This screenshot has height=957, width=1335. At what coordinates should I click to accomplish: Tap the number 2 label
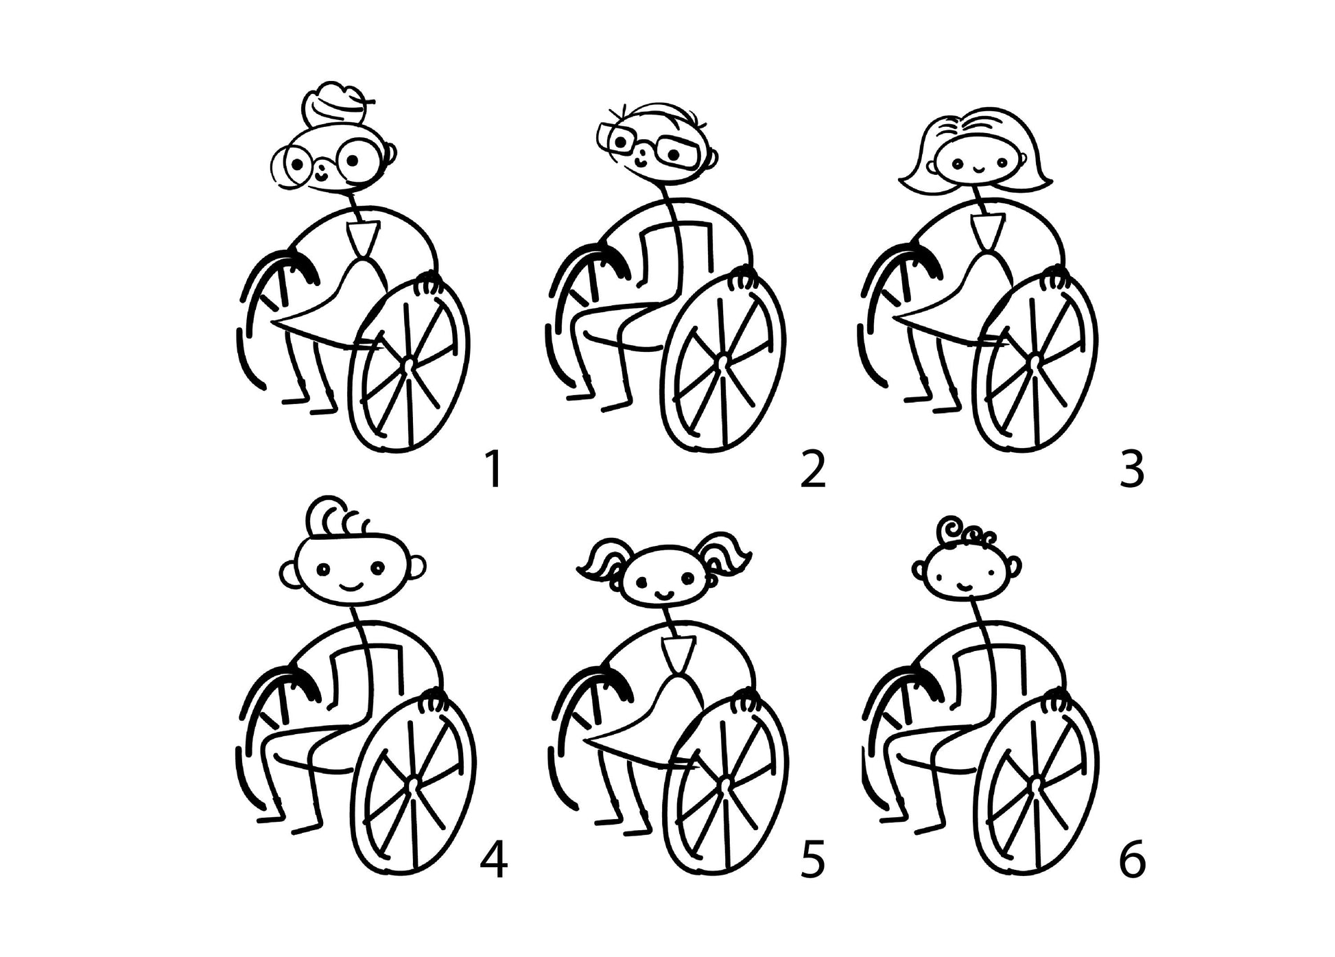813,469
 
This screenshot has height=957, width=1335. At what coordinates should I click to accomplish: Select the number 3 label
1132,469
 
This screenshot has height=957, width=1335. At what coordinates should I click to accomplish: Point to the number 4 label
494,859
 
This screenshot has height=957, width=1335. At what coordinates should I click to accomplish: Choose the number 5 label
813,859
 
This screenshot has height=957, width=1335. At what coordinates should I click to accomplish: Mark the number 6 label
1132,859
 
